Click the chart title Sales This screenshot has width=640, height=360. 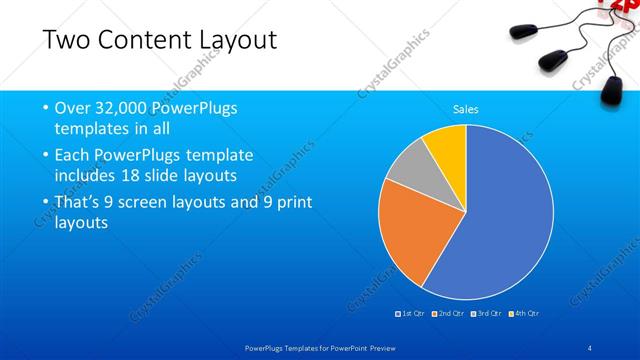click(x=466, y=108)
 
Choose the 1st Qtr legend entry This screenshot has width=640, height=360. click(x=412, y=314)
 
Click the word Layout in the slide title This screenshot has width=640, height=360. click(x=235, y=41)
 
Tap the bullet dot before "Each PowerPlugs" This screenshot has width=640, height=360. click(x=46, y=155)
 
